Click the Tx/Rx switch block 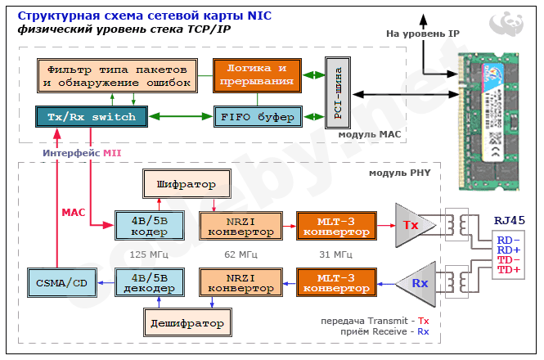(x=91, y=118)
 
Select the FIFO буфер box (x=258, y=118)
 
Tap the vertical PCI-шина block (x=337, y=91)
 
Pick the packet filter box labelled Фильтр (x=118, y=74)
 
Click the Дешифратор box (x=187, y=323)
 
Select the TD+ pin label (x=508, y=270)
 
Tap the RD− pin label (x=508, y=240)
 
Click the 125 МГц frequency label (x=150, y=254)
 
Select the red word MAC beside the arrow (x=74, y=212)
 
